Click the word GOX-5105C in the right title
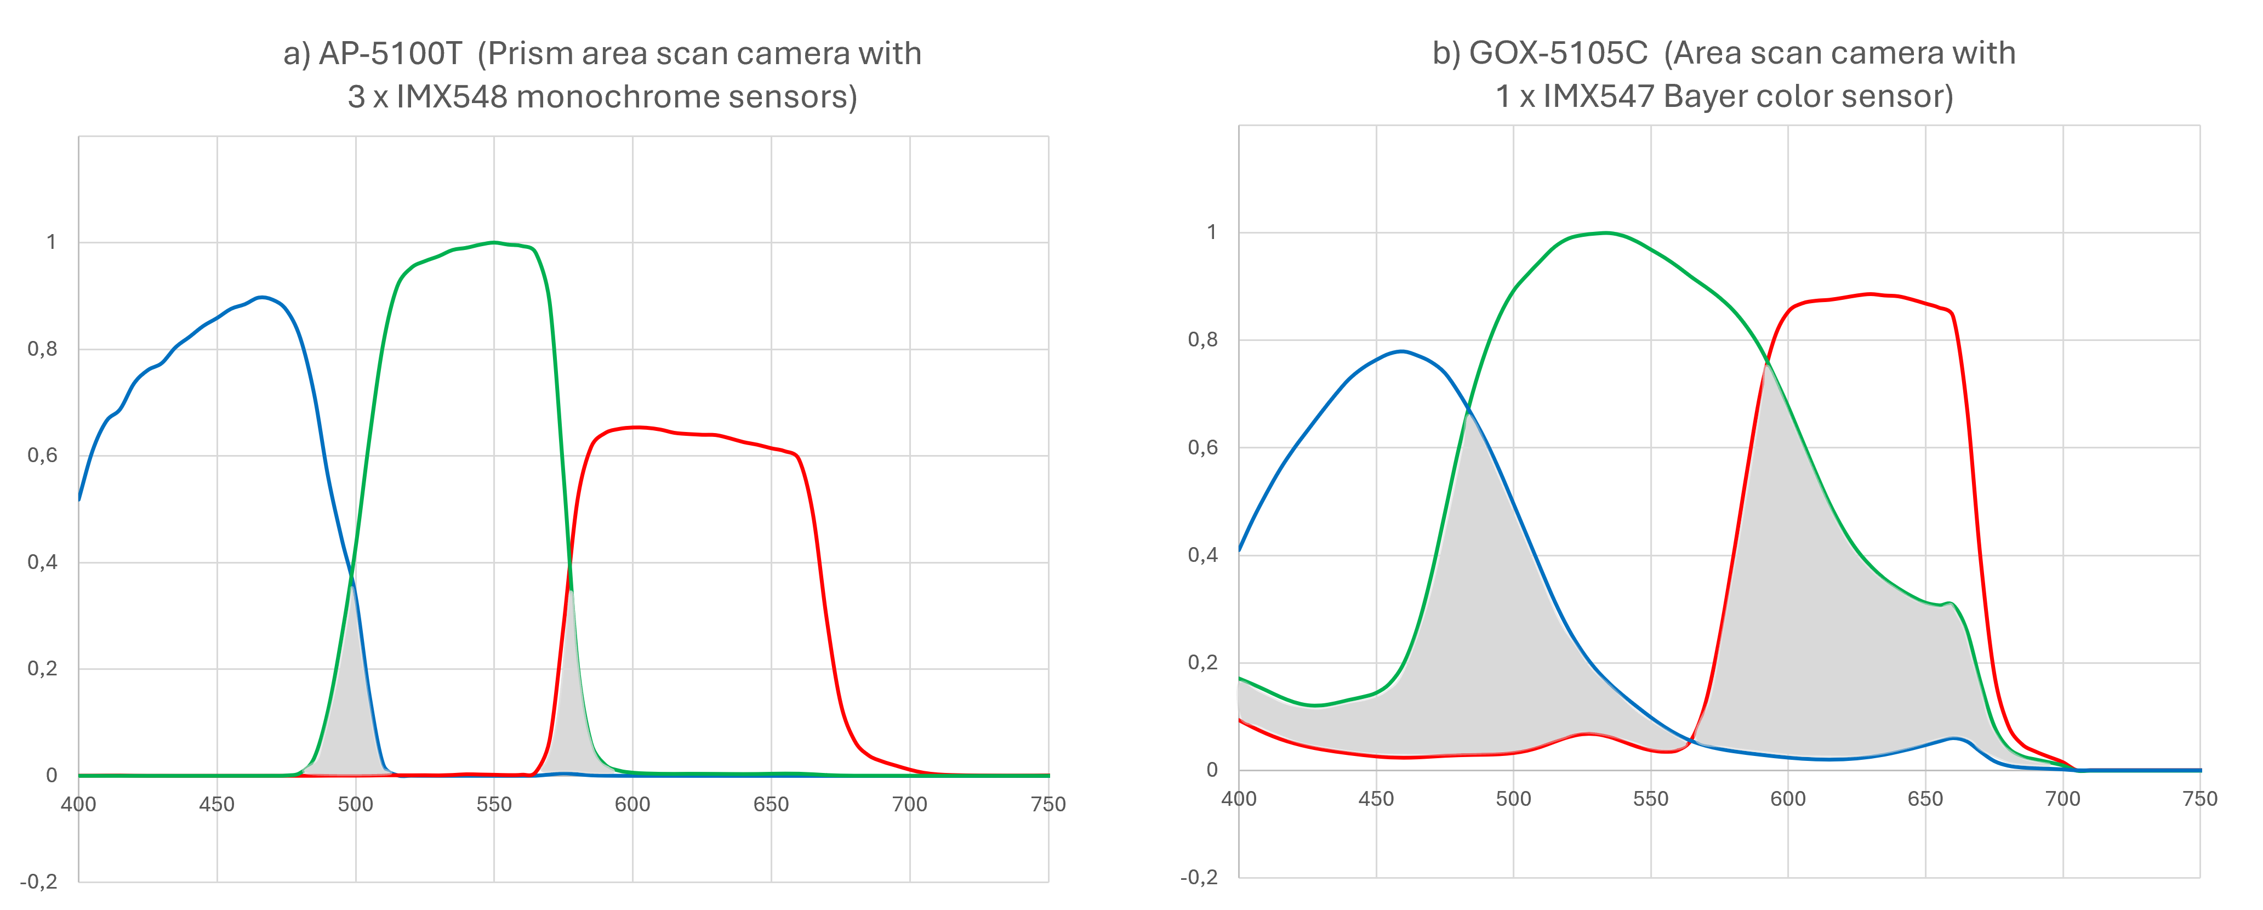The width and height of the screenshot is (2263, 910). click(1558, 54)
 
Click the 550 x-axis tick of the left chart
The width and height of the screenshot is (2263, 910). click(494, 804)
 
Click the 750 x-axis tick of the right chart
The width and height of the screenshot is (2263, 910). click(2200, 799)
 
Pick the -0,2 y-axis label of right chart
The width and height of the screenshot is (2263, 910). click(1199, 877)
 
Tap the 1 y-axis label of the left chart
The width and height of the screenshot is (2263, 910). click(52, 242)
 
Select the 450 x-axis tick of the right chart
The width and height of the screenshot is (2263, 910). click(1376, 799)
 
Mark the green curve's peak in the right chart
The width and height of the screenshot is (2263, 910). click(1605, 233)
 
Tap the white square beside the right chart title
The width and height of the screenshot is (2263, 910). click(1186, 111)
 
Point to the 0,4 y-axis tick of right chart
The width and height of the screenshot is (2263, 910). click(1202, 555)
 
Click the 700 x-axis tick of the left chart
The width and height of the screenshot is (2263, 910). click(909, 804)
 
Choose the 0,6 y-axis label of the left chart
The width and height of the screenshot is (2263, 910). click(42, 456)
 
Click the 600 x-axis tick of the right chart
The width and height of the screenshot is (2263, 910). click(1788, 799)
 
